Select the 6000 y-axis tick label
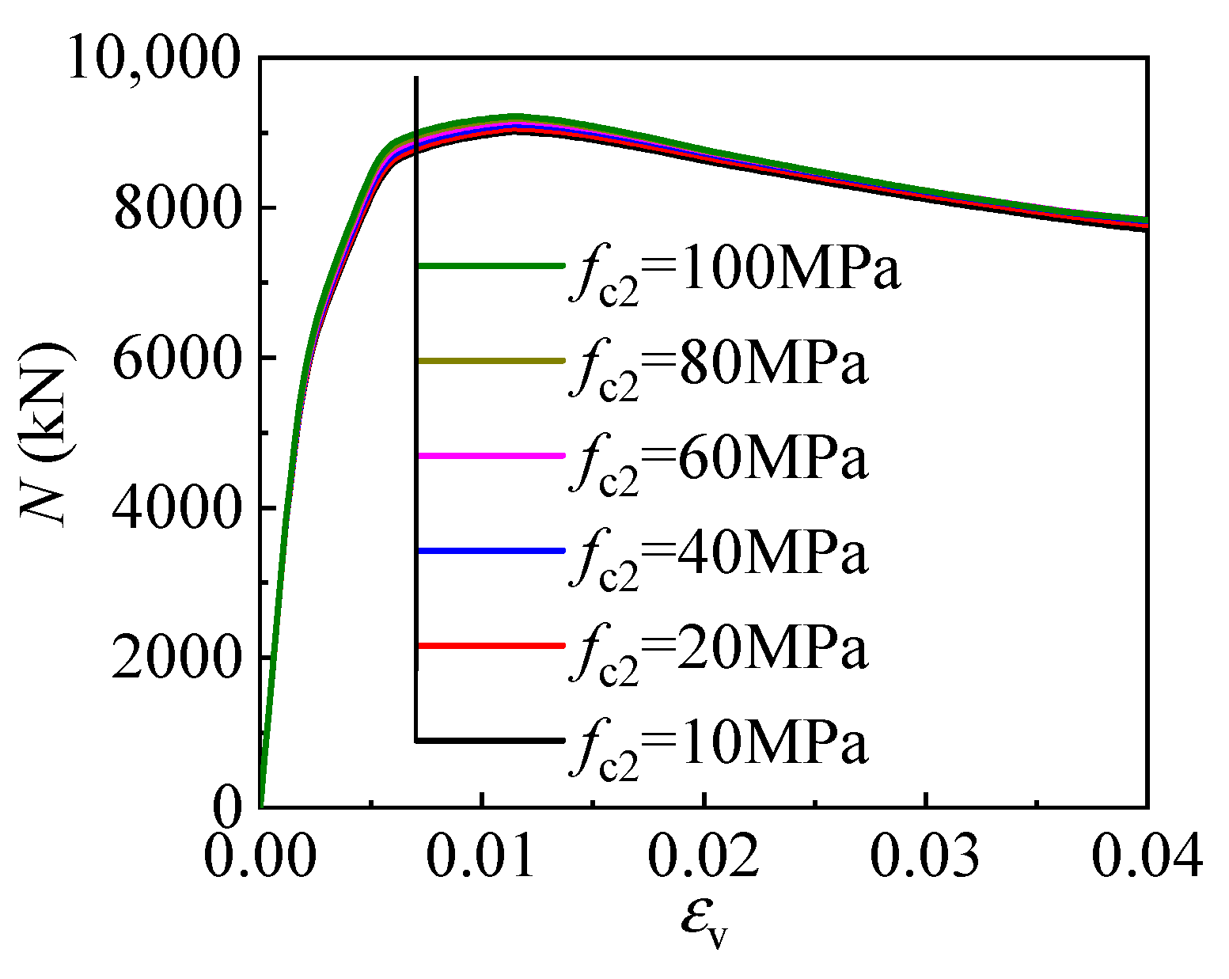[x=175, y=359]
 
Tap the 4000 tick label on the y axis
[x=175, y=508]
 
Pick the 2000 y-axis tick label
[x=175, y=658]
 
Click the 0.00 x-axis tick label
[x=260, y=856]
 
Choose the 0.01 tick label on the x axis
[x=481, y=856]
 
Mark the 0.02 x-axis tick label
[x=704, y=856]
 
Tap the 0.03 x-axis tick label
[x=925, y=856]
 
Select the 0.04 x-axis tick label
[x=1147, y=856]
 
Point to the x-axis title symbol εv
[x=704, y=922]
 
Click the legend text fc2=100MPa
[x=734, y=273]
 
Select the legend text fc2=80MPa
[x=719, y=368]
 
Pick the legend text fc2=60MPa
[x=719, y=463]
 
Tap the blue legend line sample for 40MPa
[x=491, y=550]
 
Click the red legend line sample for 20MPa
[x=491, y=646]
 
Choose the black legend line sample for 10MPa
[x=491, y=741]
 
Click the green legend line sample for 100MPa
[x=491, y=266]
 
